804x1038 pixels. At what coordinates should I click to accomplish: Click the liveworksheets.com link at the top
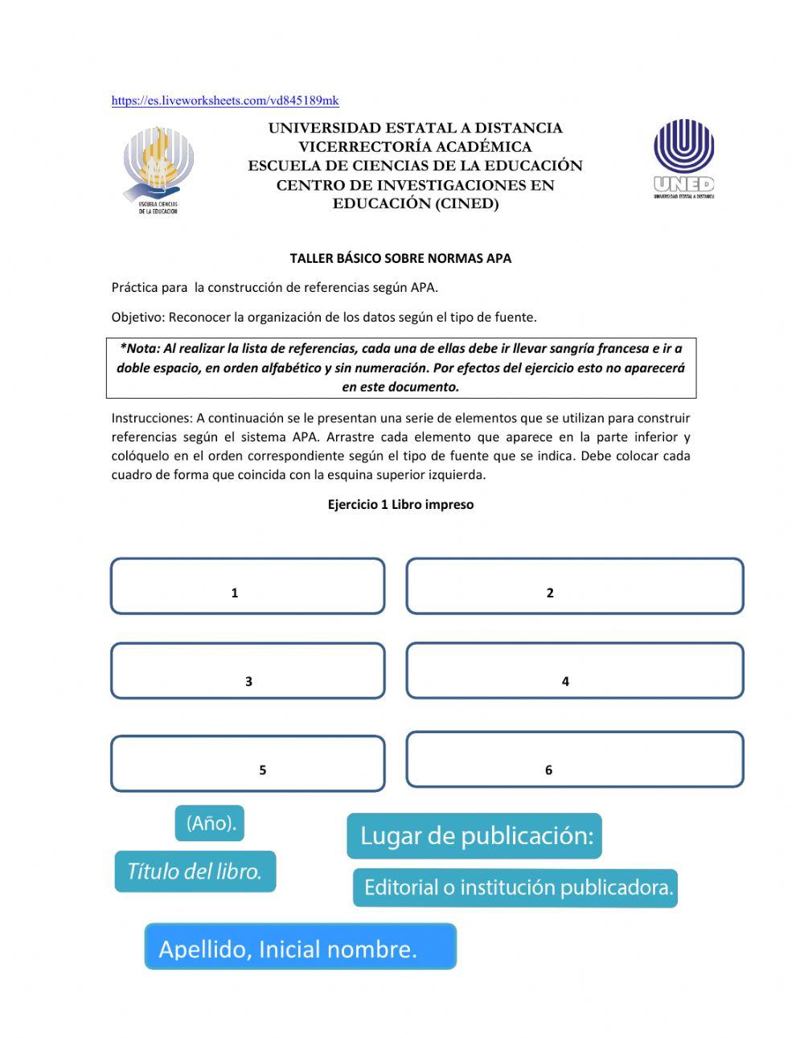pos(225,101)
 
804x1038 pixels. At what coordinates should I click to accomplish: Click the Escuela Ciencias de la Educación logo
pos(158,170)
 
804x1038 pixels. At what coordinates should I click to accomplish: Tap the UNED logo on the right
pos(683,158)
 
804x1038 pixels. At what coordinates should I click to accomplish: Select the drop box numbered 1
pos(248,586)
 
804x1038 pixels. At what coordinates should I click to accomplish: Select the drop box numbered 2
pos(574,586)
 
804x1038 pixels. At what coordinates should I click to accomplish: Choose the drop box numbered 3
pos(248,671)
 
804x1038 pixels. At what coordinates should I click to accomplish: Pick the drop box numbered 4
pos(574,671)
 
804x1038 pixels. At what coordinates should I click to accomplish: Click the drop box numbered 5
pos(248,763)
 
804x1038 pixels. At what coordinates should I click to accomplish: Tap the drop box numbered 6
pos(574,759)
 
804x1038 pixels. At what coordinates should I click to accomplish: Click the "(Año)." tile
pos(210,823)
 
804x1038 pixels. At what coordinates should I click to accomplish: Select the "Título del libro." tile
pos(195,872)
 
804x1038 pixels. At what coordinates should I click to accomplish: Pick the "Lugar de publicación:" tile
pos(474,836)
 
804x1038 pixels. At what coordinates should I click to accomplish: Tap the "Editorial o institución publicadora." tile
pos(515,888)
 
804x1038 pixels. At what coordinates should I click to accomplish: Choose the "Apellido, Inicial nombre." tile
pos(300,946)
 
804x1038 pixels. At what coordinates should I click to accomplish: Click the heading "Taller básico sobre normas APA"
pos(400,258)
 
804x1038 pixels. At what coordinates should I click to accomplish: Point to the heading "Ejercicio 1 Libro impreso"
pos(400,504)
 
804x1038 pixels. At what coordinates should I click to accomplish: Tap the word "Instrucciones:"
pos(152,418)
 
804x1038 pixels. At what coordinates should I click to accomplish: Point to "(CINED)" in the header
pos(467,203)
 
